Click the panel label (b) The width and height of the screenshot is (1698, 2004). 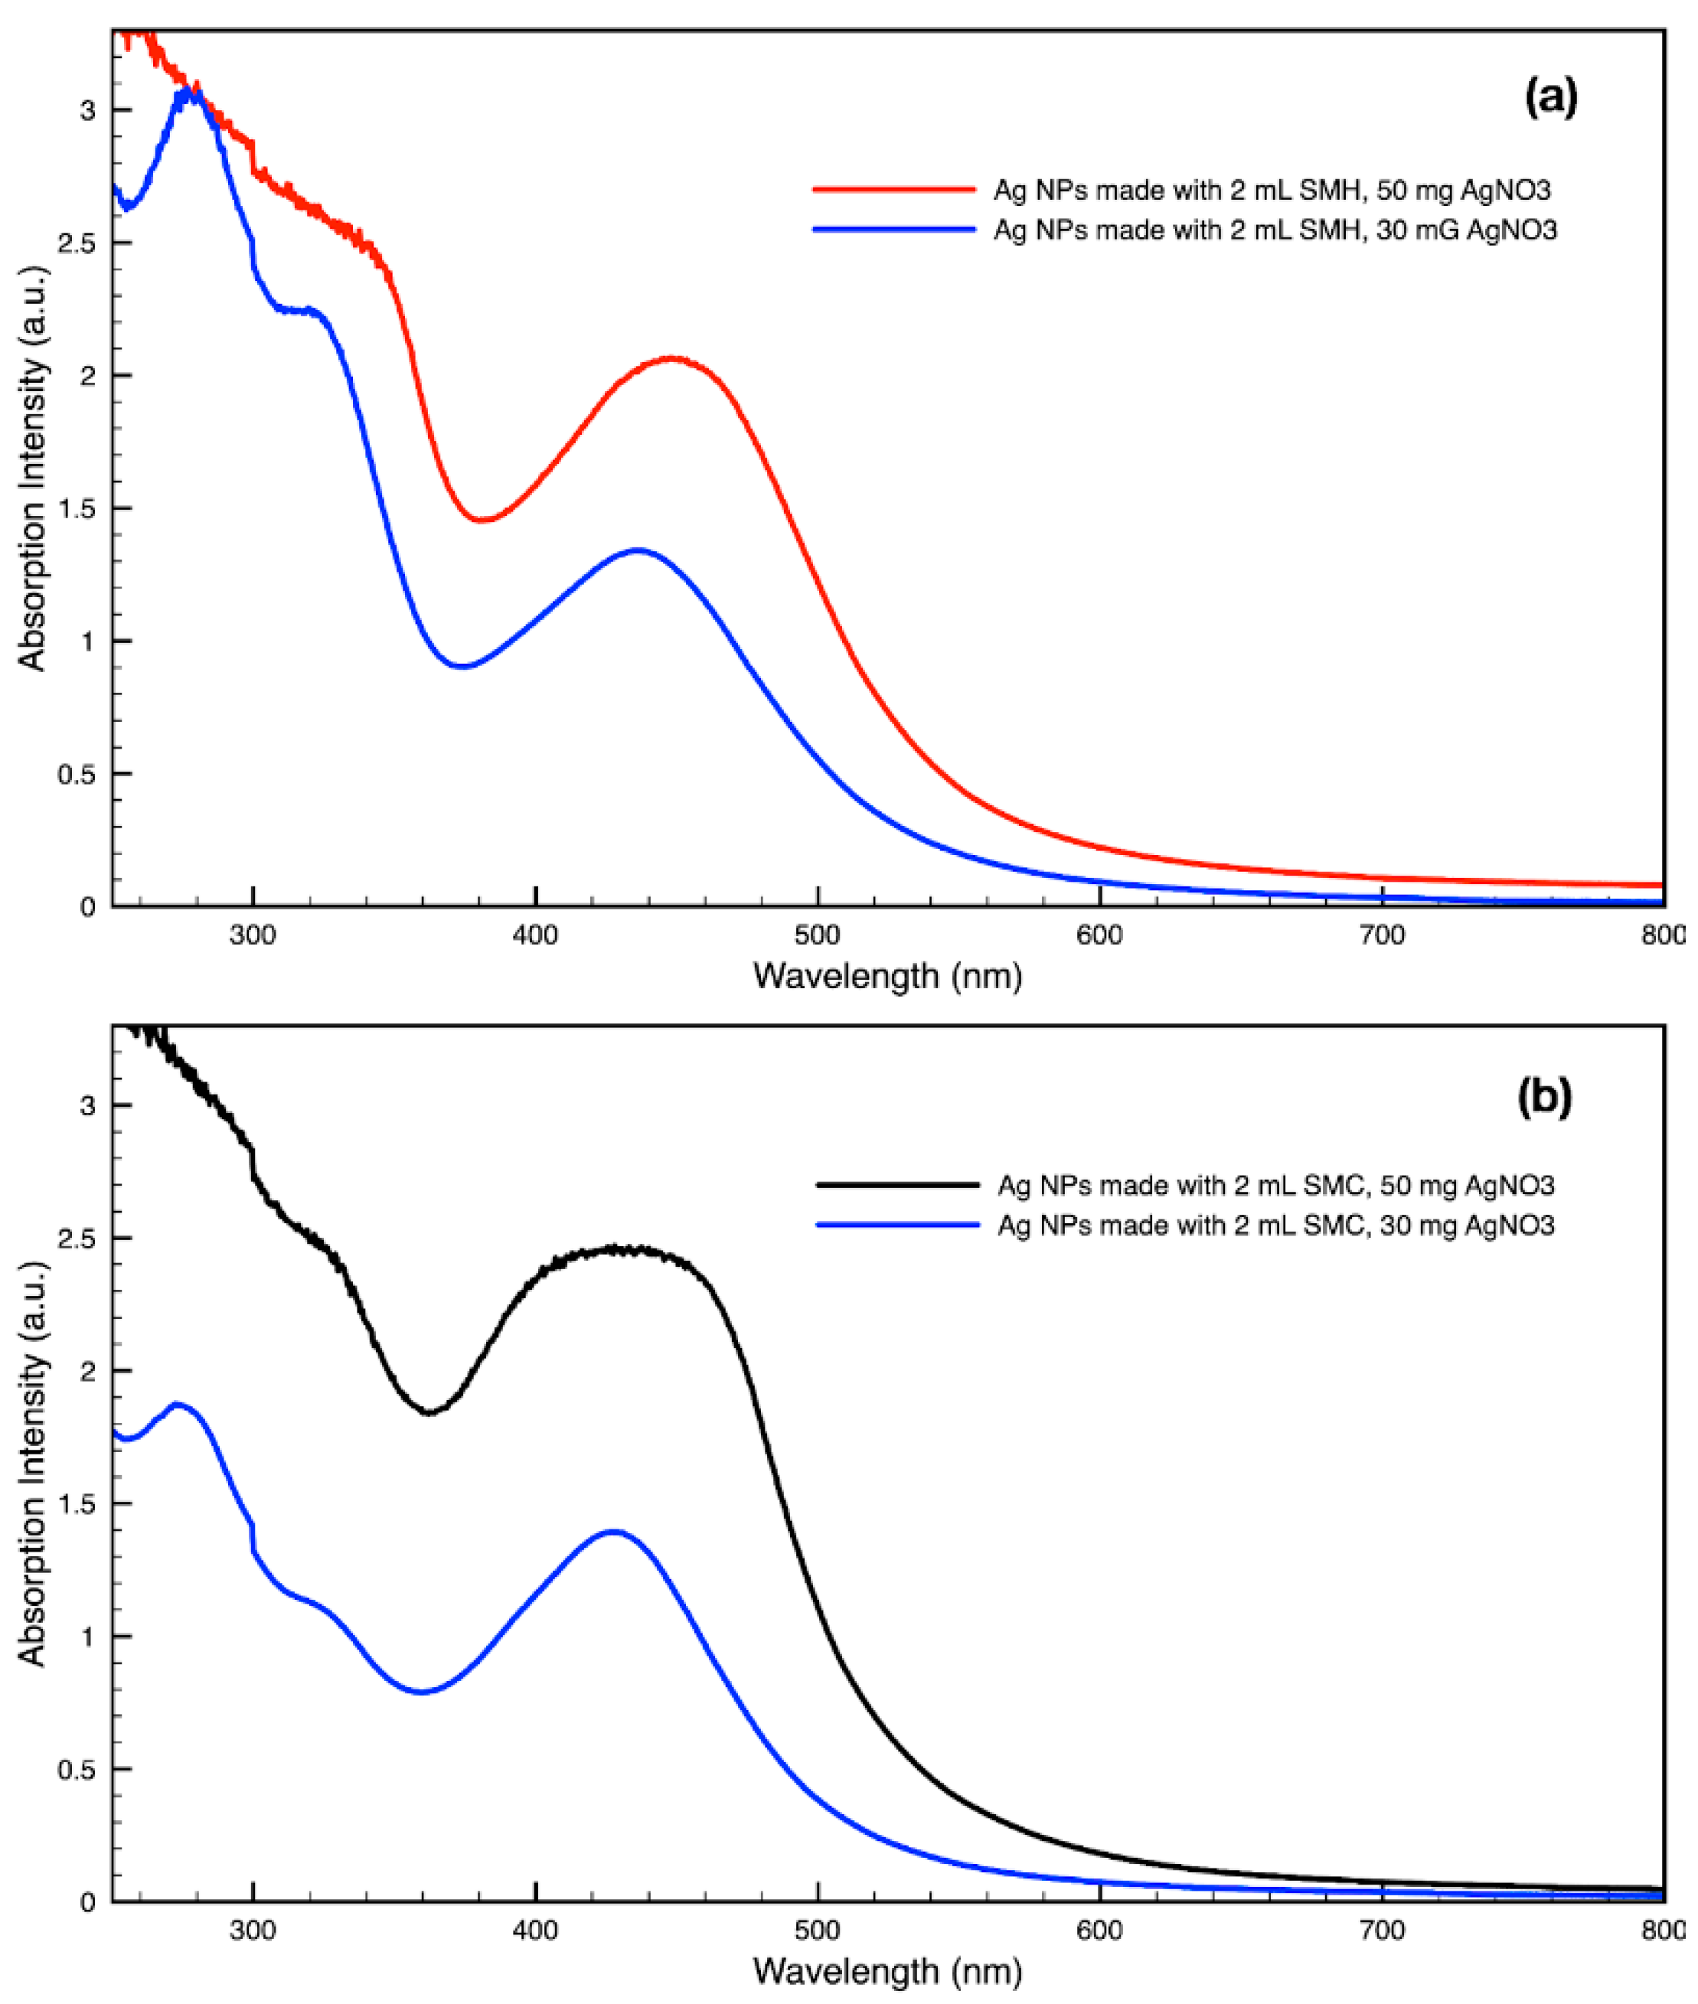pyautogui.click(x=1544, y=1095)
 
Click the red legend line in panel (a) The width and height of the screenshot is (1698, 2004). pyautogui.click(x=894, y=190)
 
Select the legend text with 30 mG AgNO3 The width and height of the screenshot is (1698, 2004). pyautogui.click(x=1275, y=230)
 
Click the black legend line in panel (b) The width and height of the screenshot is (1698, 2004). pyautogui.click(x=896, y=1185)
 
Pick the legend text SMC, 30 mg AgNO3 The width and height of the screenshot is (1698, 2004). pyautogui.click(x=1275, y=1226)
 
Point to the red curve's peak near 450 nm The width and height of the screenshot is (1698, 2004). pyautogui.click(x=673, y=358)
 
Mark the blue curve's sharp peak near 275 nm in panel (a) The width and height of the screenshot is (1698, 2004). pyautogui.click(x=188, y=93)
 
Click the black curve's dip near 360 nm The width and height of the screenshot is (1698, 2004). pyautogui.click(x=429, y=1412)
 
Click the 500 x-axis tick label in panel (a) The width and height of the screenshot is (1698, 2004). pyautogui.click(x=818, y=934)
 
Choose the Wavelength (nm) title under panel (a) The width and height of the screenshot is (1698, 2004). pyautogui.click(x=887, y=976)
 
